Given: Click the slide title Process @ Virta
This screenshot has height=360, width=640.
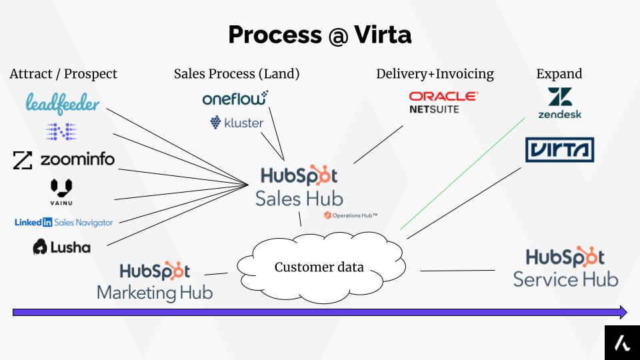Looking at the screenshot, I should tap(319, 35).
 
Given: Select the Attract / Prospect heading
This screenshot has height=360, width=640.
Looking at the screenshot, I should tap(63, 74).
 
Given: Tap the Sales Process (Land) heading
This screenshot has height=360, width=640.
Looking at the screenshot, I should tap(237, 74).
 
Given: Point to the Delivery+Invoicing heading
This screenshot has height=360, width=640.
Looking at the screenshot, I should tap(435, 74).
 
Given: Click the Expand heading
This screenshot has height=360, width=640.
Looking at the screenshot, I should tap(559, 74).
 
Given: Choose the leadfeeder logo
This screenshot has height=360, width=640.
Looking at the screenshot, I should tap(63, 103).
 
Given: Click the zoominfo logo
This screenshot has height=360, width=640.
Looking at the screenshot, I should tap(64, 159).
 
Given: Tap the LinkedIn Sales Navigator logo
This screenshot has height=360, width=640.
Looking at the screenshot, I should tap(64, 223).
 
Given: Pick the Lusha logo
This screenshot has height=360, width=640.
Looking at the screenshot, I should tap(61, 247).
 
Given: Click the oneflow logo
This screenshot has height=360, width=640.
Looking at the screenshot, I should tap(235, 99).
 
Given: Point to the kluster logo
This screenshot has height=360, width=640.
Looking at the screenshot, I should tap(237, 123).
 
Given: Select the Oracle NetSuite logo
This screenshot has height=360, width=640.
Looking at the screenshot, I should tap(443, 102).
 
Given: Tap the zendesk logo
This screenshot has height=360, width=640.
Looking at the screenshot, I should tap(559, 103).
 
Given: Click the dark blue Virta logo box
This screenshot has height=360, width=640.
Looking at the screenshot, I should tap(559, 149).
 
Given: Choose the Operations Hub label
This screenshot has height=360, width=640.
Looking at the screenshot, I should tap(351, 215).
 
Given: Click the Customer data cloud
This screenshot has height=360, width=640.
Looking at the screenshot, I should tap(320, 267).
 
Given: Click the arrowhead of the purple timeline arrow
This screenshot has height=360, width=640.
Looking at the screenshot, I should tap(621, 312).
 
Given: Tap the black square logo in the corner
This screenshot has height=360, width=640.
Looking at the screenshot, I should tap(621, 343).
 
